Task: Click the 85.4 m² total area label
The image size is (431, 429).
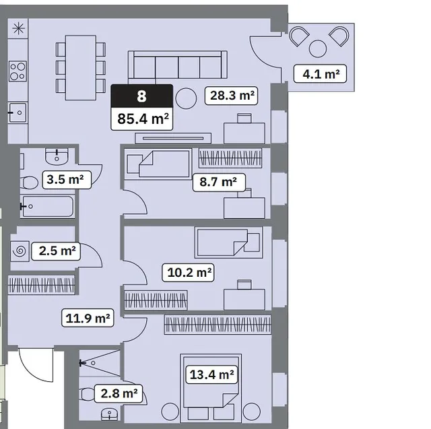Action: [x=142, y=119]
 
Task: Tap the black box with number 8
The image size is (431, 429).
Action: [x=142, y=96]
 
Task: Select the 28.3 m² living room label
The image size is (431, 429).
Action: [x=231, y=96]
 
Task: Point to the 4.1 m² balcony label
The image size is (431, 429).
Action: [x=321, y=73]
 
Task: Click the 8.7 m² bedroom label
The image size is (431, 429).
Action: [x=219, y=182]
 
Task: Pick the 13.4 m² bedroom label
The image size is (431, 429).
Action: [x=211, y=374]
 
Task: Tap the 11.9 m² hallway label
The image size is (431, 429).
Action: [x=88, y=318]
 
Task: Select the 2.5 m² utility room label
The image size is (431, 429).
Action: [x=56, y=251]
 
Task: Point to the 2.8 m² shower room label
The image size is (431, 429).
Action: [x=119, y=393]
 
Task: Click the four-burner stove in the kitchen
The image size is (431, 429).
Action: [x=18, y=71]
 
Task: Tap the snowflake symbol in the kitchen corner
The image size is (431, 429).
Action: [x=18, y=28]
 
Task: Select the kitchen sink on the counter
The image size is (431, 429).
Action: [x=18, y=112]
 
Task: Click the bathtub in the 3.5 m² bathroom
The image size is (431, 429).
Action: [x=47, y=206]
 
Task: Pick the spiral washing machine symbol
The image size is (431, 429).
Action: [x=20, y=251]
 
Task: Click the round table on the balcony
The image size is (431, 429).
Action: [x=318, y=49]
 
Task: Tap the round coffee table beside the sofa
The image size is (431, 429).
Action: [x=186, y=98]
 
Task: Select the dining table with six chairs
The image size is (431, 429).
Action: [x=81, y=67]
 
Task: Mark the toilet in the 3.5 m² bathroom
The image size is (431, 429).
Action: [x=29, y=183]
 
